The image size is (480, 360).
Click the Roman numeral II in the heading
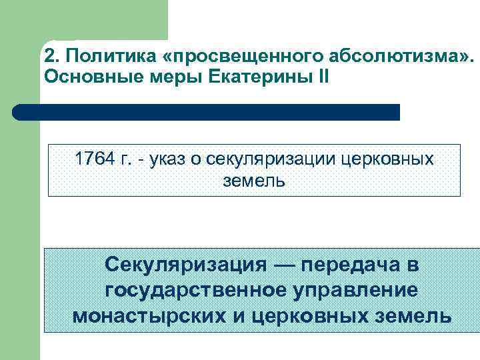323,77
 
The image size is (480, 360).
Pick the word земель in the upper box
254,180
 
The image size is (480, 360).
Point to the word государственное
190,291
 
